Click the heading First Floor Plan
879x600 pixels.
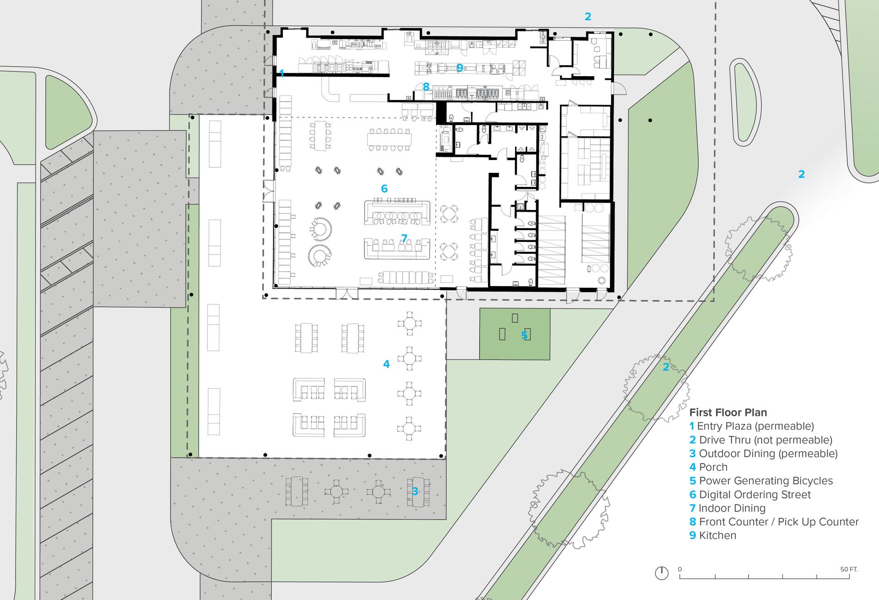[728, 412]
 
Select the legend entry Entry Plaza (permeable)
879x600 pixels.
[752, 426]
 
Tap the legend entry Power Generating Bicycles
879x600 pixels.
[761, 481]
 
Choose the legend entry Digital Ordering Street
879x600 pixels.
[750, 495]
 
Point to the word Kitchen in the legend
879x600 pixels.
[718, 535]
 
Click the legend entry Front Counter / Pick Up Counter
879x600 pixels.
[774, 522]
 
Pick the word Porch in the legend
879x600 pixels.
[713, 467]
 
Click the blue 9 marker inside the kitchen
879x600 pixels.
[460, 68]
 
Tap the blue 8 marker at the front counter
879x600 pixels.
[426, 87]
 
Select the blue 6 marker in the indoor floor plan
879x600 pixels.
[384, 188]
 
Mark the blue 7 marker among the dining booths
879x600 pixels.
[404, 238]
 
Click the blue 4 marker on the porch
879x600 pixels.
[386, 364]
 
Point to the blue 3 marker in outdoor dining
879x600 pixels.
[415, 491]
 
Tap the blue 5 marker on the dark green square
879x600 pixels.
[525, 336]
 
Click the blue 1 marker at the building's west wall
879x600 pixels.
[282, 73]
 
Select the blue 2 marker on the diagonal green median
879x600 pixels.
[666, 367]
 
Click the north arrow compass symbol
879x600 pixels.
[662, 573]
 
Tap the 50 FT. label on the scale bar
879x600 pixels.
[849, 569]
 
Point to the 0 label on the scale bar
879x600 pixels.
[680, 569]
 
